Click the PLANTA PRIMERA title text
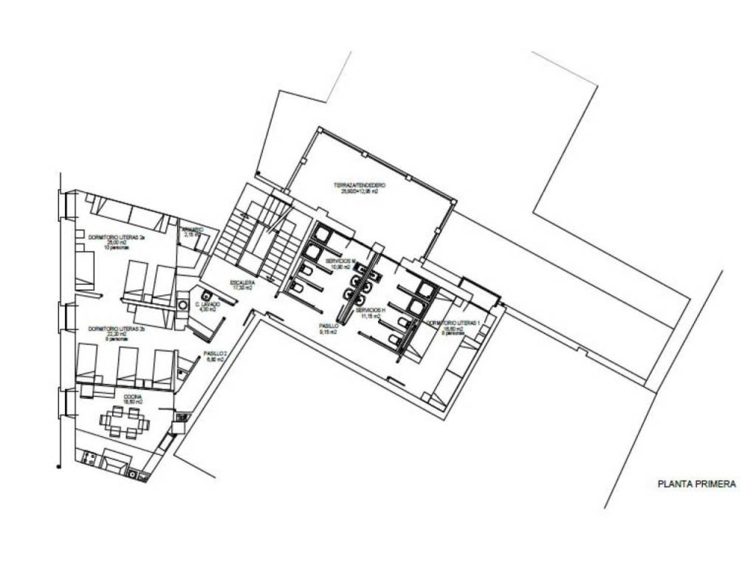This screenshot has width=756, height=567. (x=696, y=484)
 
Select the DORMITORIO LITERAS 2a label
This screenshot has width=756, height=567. (x=116, y=238)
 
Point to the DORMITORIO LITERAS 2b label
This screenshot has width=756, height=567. (x=116, y=329)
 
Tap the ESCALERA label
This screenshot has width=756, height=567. (x=243, y=283)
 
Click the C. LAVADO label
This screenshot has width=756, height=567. (x=207, y=303)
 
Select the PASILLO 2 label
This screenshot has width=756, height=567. (x=215, y=354)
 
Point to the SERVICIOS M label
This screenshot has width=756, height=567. (x=340, y=261)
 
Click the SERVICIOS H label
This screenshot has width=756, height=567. (x=369, y=310)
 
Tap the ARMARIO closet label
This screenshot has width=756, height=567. (x=193, y=229)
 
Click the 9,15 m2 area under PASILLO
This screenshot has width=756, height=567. (x=329, y=331)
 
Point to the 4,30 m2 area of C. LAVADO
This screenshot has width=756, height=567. (x=207, y=309)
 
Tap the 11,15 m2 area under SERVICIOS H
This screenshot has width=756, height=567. (x=369, y=316)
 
